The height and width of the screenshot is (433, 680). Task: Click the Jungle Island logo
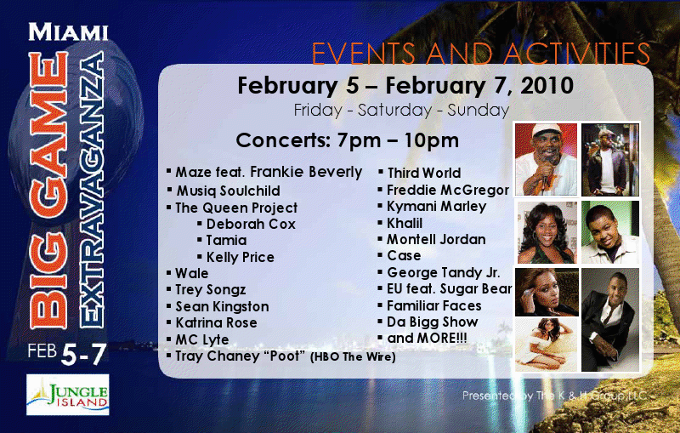click(x=68, y=395)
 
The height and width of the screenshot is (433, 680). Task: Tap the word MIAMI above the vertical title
click(x=68, y=32)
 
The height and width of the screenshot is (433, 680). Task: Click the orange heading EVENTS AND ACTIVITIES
click(x=481, y=54)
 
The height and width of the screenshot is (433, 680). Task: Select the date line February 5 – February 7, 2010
click(x=405, y=85)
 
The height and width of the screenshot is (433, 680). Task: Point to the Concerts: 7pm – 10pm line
click(x=348, y=140)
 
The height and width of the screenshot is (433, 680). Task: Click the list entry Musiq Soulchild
click(x=228, y=191)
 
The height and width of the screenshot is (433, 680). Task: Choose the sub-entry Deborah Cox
click(x=251, y=224)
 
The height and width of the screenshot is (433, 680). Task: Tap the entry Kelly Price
click(x=241, y=257)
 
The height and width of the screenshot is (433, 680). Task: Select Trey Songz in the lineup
click(x=210, y=290)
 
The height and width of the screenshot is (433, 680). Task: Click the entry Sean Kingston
click(x=222, y=307)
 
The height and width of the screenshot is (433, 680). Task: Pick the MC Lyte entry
click(x=202, y=339)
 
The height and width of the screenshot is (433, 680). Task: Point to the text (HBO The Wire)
click(x=353, y=357)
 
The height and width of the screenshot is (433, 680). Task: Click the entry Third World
click(x=423, y=173)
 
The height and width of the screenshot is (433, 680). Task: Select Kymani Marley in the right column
click(x=436, y=207)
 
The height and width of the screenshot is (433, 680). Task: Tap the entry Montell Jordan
click(x=436, y=240)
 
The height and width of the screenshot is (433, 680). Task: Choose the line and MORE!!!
click(x=427, y=338)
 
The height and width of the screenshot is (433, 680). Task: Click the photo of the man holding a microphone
click(x=546, y=159)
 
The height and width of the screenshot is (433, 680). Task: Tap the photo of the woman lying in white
click(x=547, y=345)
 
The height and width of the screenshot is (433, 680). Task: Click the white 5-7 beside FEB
click(x=83, y=355)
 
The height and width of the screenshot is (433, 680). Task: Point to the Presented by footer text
click(x=554, y=396)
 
